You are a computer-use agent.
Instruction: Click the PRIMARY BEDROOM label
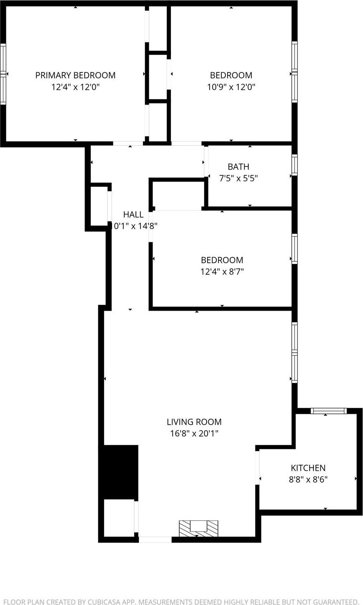pyautogui.click(x=75, y=75)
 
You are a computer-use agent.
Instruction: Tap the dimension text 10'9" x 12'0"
pyautogui.click(x=231, y=87)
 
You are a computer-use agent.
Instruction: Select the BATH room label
pyautogui.click(x=238, y=167)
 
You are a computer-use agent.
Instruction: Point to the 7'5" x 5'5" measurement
pyautogui.click(x=238, y=179)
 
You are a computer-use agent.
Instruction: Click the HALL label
pyautogui.click(x=133, y=214)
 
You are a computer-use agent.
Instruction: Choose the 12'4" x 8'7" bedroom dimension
pyautogui.click(x=222, y=272)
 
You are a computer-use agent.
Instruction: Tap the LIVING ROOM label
pyautogui.click(x=194, y=422)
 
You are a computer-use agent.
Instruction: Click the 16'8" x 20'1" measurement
pyautogui.click(x=194, y=433)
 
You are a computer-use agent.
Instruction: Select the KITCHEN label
pyautogui.click(x=308, y=468)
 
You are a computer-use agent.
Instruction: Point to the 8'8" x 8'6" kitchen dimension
pyautogui.click(x=308, y=479)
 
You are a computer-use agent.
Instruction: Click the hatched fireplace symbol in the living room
pyautogui.click(x=198, y=528)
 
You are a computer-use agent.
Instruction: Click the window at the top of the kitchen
pyautogui.click(x=329, y=411)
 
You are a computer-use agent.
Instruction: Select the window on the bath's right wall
pyautogui.click(x=294, y=165)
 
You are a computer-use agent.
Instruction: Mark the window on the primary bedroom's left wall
pyautogui.click(x=3, y=74)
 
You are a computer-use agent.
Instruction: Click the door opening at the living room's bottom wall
pyautogui.click(x=155, y=540)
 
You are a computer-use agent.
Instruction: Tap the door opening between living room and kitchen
pyautogui.click(x=258, y=468)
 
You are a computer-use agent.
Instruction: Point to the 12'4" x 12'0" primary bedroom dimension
pyautogui.click(x=75, y=87)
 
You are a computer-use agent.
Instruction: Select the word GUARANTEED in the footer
pyautogui.click(x=329, y=602)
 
